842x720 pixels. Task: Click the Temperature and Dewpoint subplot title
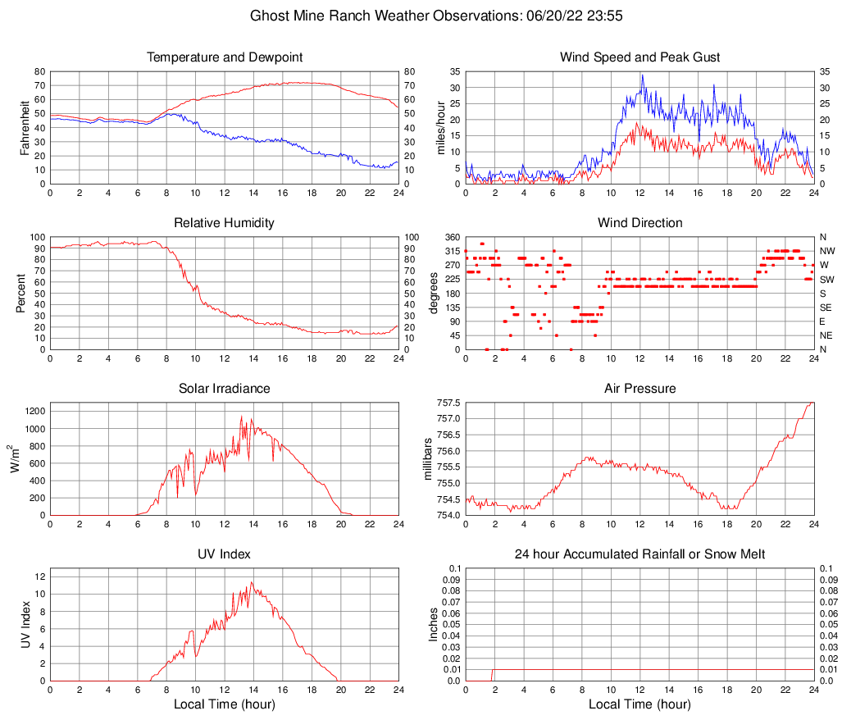(x=225, y=57)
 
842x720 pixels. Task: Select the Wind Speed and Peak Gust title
(x=639, y=57)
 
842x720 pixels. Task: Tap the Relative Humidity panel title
(x=225, y=223)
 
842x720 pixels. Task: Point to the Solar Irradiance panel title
(x=225, y=389)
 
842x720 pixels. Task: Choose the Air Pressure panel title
(x=639, y=389)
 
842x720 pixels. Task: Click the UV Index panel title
(x=225, y=554)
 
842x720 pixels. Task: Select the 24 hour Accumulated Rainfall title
(x=639, y=554)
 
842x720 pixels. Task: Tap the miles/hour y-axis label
(x=440, y=128)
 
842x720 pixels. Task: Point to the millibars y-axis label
(x=427, y=459)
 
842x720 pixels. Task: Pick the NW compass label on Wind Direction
(x=826, y=251)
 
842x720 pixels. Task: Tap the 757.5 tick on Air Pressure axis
(x=448, y=403)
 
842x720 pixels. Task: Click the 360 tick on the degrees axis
(x=451, y=237)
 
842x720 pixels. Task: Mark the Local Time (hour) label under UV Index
(x=225, y=704)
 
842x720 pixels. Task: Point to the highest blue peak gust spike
(x=642, y=75)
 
